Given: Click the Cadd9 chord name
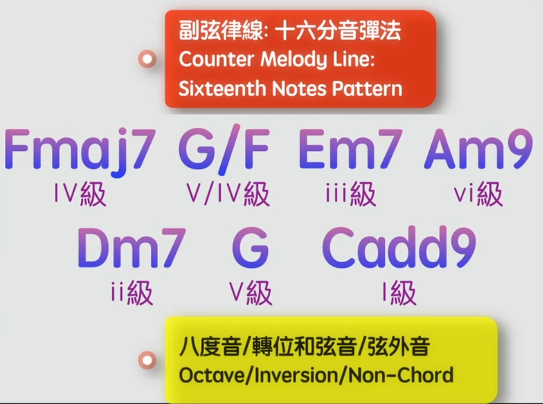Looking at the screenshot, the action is tap(399, 247).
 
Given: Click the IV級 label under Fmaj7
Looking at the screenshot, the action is tap(80, 194).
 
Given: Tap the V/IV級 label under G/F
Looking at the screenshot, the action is tap(228, 194).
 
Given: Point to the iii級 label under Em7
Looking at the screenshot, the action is tap(351, 194).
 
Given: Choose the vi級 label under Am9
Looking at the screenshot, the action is tap(478, 194).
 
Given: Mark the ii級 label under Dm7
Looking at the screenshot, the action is tap(131, 293).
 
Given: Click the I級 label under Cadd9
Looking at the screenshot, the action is tap(399, 293).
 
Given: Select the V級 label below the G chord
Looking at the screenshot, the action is tap(251, 293).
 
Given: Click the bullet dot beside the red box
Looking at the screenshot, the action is tap(147, 59).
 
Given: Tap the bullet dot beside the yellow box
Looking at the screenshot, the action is tap(147, 360).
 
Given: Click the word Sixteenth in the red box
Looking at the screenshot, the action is tap(221, 89).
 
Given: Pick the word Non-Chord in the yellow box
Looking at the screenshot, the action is tap(401, 375).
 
